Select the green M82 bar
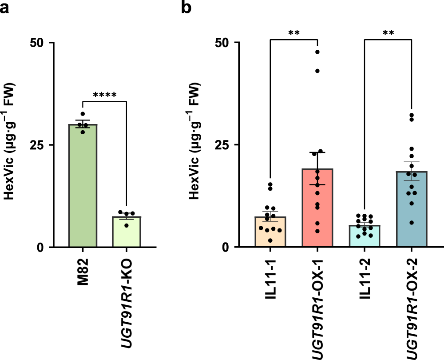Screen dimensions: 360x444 point(83,187)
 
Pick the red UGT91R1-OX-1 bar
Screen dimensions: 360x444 point(317,209)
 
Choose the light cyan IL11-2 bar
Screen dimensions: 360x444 point(365,236)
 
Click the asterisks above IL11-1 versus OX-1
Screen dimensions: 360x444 point(293,33)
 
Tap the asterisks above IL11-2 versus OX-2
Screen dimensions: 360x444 point(388,33)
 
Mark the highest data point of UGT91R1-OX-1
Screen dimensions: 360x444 point(317,52)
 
